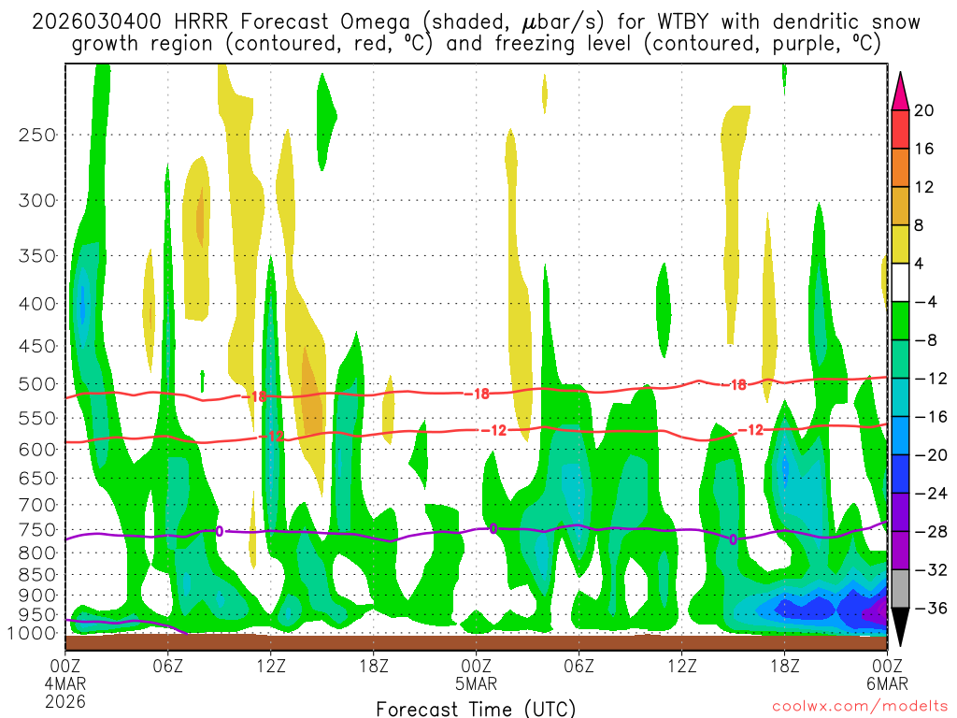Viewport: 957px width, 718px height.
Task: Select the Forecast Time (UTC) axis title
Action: (x=476, y=708)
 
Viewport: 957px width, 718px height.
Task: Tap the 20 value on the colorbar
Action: (x=924, y=110)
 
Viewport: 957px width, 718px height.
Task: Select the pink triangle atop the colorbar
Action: (x=901, y=90)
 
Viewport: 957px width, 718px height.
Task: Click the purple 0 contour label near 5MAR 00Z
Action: (x=493, y=528)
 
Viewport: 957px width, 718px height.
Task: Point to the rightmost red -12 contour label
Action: (x=751, y=430)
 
